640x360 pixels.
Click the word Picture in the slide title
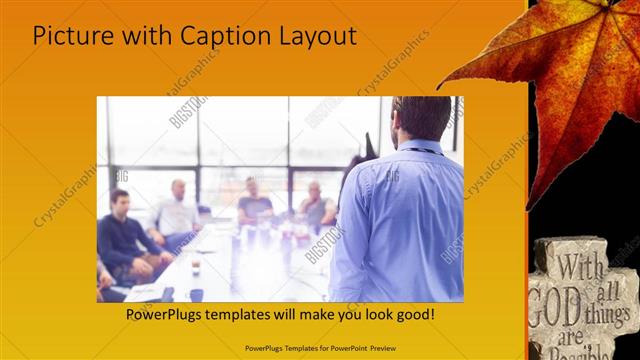68,37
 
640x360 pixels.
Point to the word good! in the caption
411,314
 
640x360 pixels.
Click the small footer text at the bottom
319,347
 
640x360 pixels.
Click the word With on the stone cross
579,268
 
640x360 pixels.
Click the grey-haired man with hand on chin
314,204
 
